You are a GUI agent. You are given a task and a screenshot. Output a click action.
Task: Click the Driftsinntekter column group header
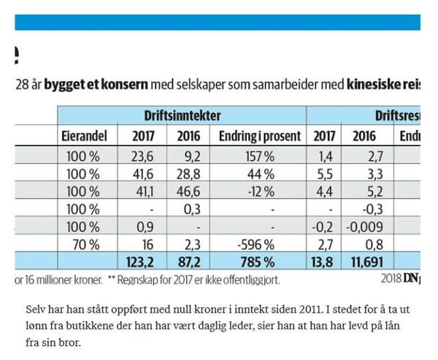(x=182, y=115)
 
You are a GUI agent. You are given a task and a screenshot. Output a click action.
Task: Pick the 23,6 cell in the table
(x=143, y=156)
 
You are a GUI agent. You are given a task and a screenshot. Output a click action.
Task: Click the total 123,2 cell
(x=143, y=261)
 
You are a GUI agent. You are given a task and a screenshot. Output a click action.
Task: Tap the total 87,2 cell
(x=188, y=261)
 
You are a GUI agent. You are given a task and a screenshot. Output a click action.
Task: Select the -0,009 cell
(x=366, y=227)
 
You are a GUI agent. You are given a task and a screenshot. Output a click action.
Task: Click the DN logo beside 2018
(x=411, y=277)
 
